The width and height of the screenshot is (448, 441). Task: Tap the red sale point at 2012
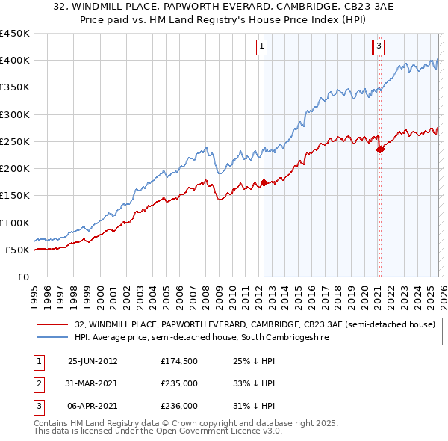point(264,182)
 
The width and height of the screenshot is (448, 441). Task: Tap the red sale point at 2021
point(379,149)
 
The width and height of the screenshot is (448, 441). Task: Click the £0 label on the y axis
point(22,277)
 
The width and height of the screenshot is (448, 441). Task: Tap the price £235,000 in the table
point(179,383)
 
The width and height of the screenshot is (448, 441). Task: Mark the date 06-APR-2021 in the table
point(93,407)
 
